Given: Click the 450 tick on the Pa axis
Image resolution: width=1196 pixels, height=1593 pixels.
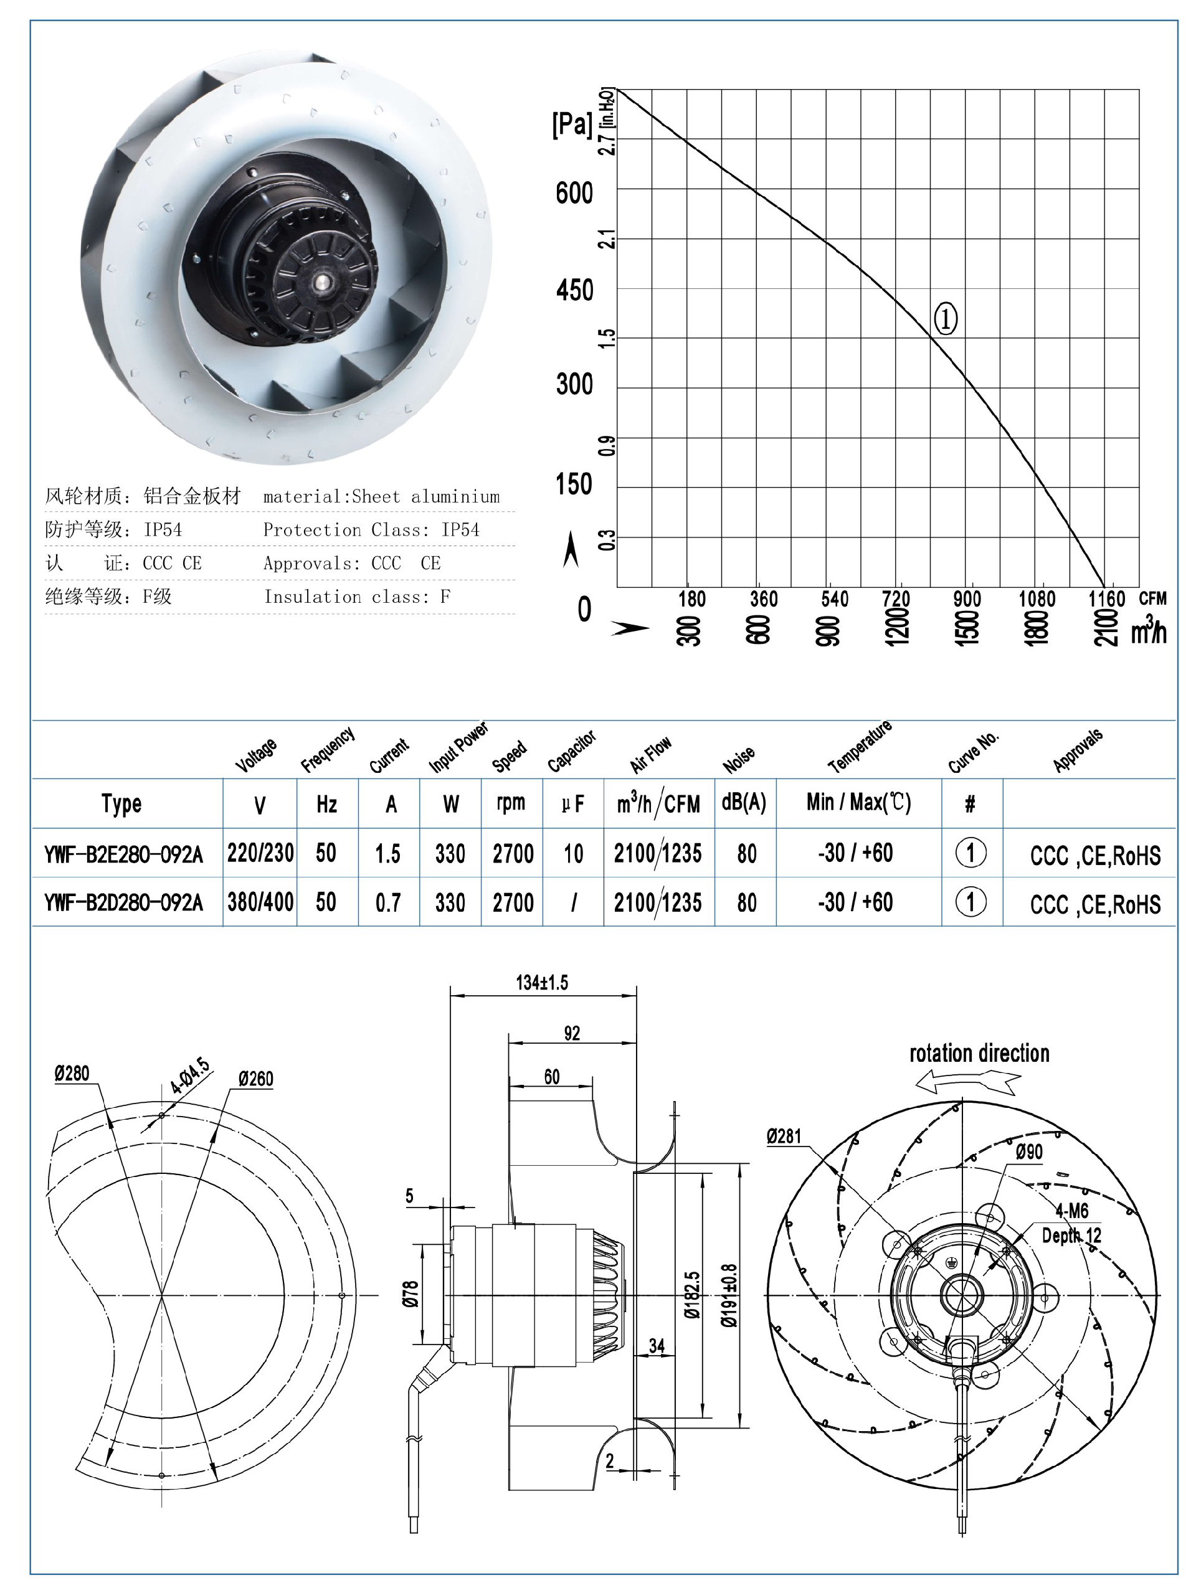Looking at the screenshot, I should (x=574, y=291).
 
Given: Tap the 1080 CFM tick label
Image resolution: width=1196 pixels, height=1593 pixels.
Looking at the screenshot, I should (x=1036, y=598).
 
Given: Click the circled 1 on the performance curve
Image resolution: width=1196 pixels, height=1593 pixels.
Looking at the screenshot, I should (x=944, y=318).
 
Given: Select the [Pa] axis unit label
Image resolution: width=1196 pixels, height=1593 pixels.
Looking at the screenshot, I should (x=571, y=125).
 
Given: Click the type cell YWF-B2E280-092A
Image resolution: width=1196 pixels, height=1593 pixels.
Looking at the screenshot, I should (x=123, y=855).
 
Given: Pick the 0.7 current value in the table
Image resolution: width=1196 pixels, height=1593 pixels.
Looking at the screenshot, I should (x=387, y=903).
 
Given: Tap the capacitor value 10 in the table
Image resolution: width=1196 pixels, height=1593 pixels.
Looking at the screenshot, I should (x=573, y=854).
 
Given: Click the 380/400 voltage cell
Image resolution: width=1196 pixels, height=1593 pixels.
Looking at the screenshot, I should (x=260, y=902).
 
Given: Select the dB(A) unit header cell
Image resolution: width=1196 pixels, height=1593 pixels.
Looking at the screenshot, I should (x=744, y=803).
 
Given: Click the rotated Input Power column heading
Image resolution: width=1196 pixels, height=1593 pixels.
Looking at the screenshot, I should (x=458, y=747).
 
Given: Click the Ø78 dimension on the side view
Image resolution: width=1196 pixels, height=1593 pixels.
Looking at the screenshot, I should (x=410, y=1294).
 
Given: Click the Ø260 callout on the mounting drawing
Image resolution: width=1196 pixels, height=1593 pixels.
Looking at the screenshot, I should (x=256, y=1079).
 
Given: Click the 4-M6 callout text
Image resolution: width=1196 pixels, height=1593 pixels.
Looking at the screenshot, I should (x=1071, y=1211).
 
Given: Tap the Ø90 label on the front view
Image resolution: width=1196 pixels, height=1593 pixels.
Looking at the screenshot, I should (x=1028, y=1152).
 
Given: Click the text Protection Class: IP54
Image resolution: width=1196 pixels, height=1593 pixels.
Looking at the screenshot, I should (x=371, y=530).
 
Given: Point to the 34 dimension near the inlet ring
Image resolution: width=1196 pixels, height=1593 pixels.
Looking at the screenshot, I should (x=657, y=1346).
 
